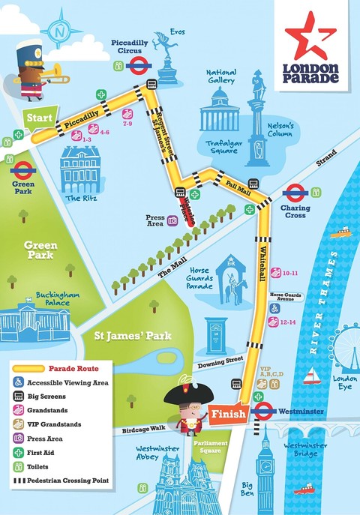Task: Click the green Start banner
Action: tap(40, 118)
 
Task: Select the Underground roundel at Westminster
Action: tap(263, 412)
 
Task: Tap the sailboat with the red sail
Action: tap(311, 374)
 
